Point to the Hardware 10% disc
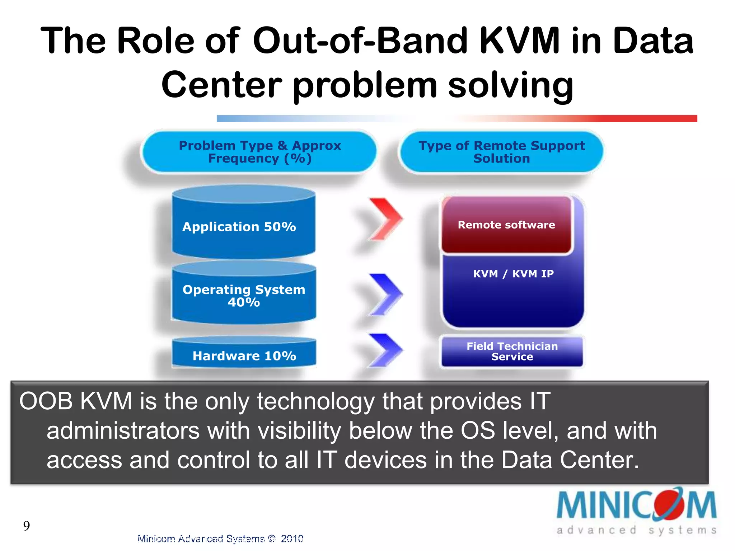tap(244, 355)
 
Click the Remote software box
tap(506, 225)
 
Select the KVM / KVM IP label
tap(513, 274)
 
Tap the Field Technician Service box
tap(512, 351)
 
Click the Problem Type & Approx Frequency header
tap(259, 152)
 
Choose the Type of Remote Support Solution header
tap(501, 152)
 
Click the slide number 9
tap(27, 526)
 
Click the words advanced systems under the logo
tap(636, 530)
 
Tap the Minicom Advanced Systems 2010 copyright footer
tap(220, 538)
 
